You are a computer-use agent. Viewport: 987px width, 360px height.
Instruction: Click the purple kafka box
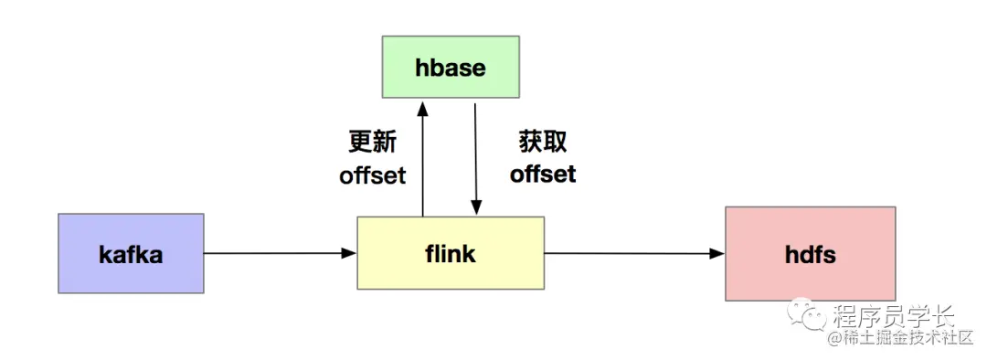(x=131, y=253)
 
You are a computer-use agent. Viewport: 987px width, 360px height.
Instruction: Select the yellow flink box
(x=451, y=253)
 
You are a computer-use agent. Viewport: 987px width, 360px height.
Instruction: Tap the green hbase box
(x=451, y=67)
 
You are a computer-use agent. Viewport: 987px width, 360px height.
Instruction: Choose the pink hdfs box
(x=810, y=253)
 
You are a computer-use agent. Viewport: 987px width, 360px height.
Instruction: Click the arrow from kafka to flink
(x=280, y=253)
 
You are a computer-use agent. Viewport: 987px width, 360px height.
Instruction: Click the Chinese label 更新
(x=372, y=142)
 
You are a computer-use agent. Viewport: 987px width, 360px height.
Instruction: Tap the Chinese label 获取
(x=543, y=142)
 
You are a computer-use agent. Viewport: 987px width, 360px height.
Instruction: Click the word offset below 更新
(x=372, y=175)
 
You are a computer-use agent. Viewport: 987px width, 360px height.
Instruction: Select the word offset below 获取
(x=543, y=173)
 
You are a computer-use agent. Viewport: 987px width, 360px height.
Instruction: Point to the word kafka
(x=131, y=254)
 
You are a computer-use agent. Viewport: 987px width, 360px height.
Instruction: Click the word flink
(x=451, y=253)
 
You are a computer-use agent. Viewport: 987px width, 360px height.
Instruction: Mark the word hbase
(x=451, y=68)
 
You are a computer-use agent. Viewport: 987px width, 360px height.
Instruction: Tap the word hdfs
(x=810, y=254)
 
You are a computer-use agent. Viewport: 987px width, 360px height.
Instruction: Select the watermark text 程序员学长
(x=894, y=317)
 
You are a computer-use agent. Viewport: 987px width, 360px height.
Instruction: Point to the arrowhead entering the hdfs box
(x=718, y=253)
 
